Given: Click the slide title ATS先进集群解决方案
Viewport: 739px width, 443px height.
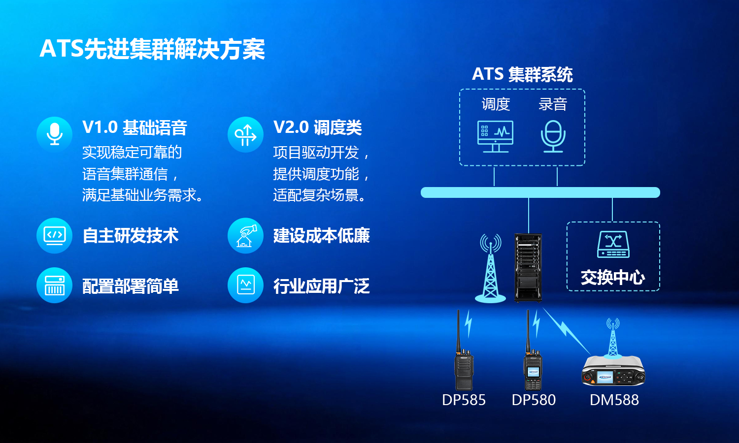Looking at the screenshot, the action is coord(152,49).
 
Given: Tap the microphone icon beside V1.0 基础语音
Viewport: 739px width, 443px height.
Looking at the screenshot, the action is coord(54,134).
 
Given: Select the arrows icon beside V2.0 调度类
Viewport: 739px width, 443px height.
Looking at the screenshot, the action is coord(245,134).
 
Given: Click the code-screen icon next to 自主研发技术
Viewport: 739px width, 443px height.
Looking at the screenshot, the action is coord(54,235).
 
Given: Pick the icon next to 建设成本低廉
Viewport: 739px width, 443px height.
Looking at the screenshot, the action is coord(245,235).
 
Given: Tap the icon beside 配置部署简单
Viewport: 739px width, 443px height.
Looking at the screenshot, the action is coord(54,285).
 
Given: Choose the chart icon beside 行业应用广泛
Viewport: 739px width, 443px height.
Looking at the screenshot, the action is coord(245,285).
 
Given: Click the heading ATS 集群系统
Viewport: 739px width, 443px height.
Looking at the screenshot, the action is coord(522,74).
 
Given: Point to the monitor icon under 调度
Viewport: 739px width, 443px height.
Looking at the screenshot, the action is coord(495,136).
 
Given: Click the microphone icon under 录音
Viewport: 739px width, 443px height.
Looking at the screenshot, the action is coord(553,136).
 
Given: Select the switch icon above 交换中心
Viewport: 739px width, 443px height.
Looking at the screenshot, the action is coord(613,244).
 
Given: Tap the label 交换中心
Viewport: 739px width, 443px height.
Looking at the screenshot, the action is coord(613,277).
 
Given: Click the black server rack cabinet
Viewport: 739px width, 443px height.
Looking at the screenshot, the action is coord(528,268).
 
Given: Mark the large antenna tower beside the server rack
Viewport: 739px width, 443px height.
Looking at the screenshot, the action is coord(491,268).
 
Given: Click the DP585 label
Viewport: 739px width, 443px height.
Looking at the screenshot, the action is coord(464,400).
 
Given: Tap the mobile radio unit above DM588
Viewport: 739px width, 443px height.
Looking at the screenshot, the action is coord(613,371).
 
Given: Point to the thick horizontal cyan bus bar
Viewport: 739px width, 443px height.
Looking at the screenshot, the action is coord(540,192).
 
